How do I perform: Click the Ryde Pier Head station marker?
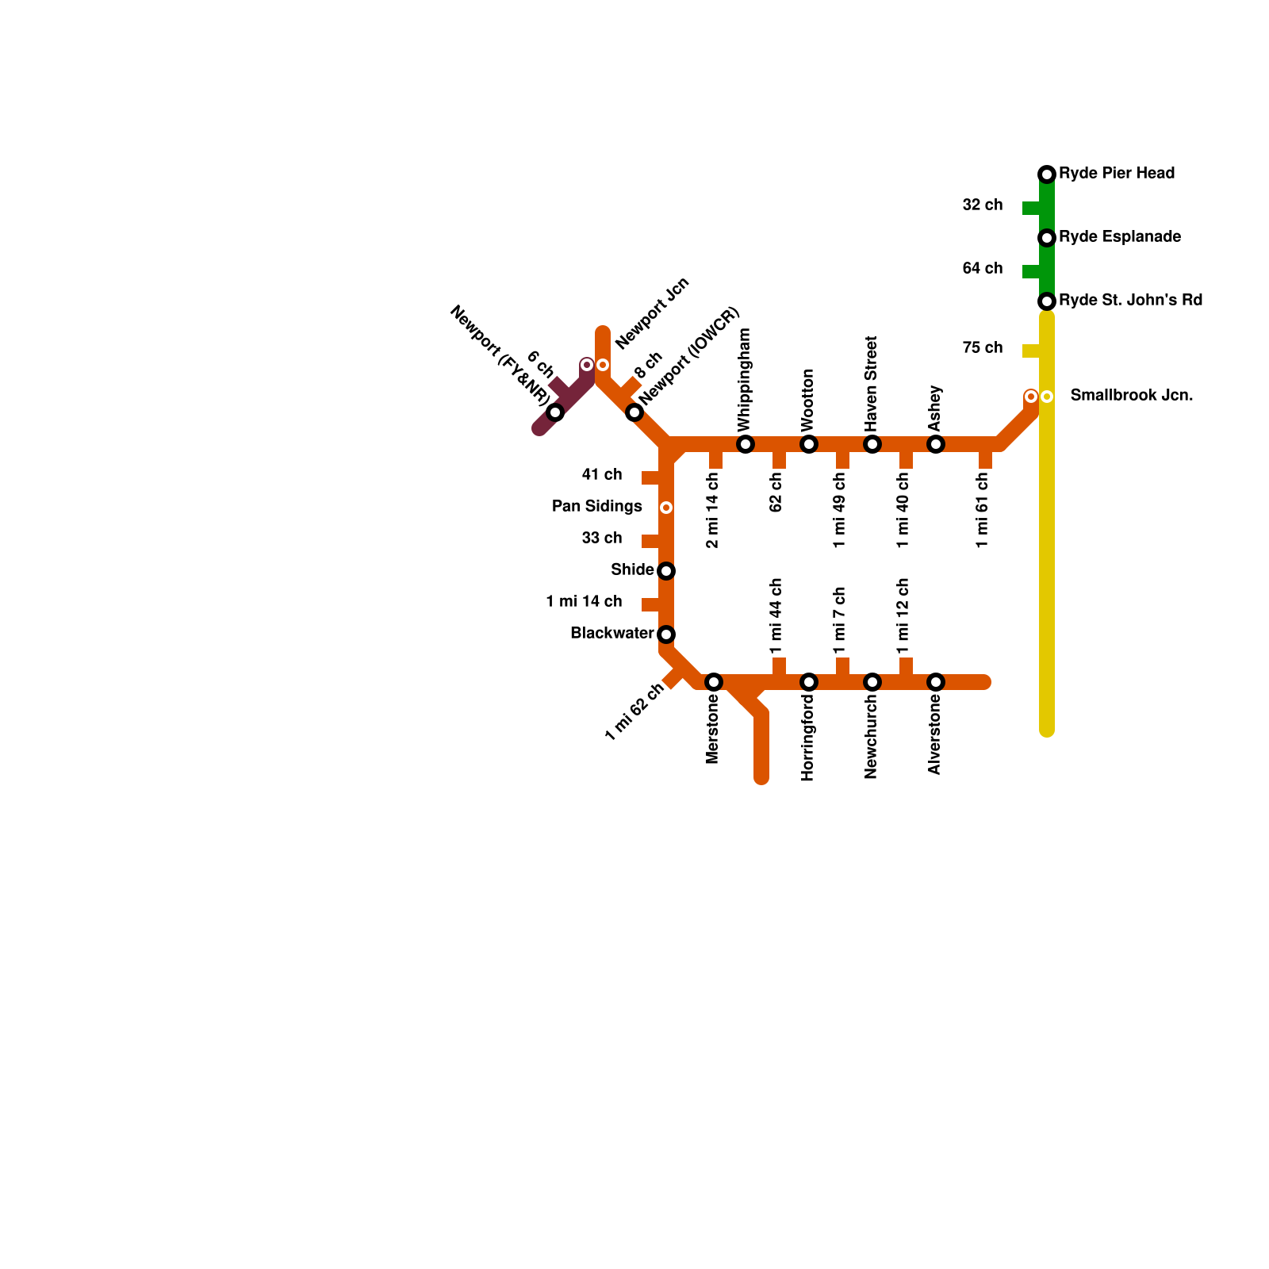[x=1047, y=174]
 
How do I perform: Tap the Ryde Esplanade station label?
[x=1119, y=236]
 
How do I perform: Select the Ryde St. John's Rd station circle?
[x=1047, y=301]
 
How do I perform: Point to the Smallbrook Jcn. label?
[x=1131, y=395]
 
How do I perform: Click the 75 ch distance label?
[x=982, y=347]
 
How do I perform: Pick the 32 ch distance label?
[x=982, y=205]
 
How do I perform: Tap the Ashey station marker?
[x=936, y=444]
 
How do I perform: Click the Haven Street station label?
[x=872, y=383]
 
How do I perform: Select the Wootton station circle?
[x=809, y=444]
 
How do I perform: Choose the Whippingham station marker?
[x=746, y=444]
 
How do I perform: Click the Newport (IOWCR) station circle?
[x=634, y=412]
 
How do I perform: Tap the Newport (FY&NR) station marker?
[x=555, y=412]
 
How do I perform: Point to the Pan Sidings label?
[x=596, y=506]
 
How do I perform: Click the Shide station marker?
[x=666, y=571]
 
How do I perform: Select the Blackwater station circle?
[x=666, y=634]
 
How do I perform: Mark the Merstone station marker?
[x=714, y=682]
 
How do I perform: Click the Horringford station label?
[x=808, y=738]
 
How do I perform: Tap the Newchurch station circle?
[x=872, y=682]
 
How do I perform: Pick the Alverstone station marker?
[x=936, y=682]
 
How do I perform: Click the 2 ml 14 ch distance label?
[x=712, y=510]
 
